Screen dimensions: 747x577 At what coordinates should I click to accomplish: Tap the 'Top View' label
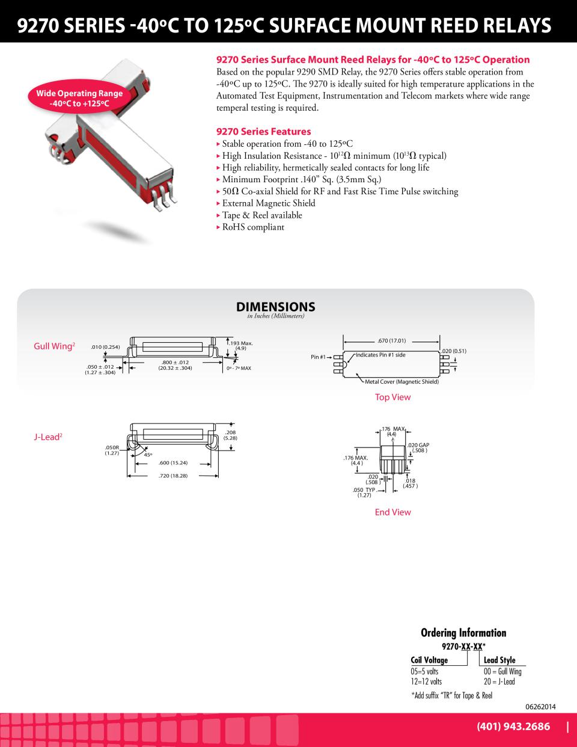click(392, 397)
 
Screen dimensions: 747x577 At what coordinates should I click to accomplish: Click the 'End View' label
click(392, 512)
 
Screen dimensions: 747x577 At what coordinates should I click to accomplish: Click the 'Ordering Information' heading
click(463, 633)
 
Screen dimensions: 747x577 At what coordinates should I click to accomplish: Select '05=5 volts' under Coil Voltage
click(424, 671)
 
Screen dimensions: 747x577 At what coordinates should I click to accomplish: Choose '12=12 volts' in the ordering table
click(426, 681)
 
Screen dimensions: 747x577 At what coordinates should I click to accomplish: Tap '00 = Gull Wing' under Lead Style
click(502, 671)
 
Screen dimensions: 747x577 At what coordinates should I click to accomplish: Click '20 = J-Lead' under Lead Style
click(499, 681)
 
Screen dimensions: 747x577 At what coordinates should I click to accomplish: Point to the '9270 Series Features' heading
click(264, 131)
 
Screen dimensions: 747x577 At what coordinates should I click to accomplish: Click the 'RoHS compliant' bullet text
click(253, 227)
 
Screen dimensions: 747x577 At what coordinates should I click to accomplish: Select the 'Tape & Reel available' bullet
click(262, 215)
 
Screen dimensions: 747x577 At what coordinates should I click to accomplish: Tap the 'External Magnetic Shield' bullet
click(269, 203)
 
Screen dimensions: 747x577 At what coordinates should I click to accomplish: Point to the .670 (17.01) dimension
click(392, 340)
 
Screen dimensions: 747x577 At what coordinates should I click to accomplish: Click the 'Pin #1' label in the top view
click(318, 357)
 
